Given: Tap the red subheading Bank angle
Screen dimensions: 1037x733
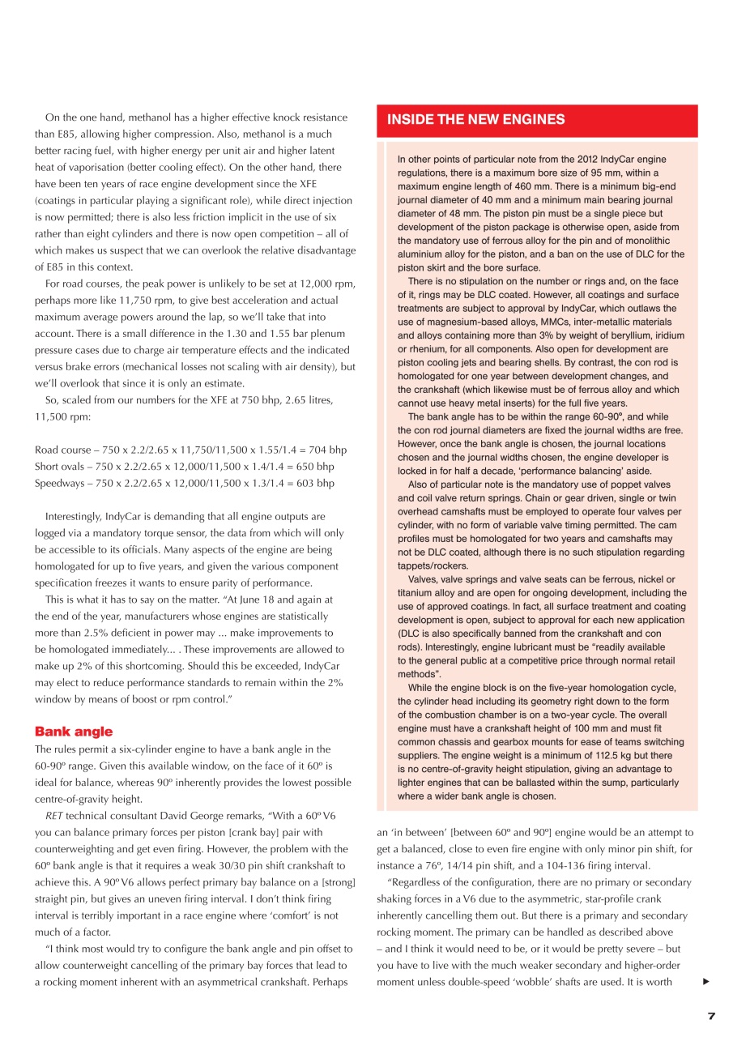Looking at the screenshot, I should click(x=74, y=731).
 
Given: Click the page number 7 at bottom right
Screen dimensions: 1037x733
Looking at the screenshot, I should click(x=711, y=1017).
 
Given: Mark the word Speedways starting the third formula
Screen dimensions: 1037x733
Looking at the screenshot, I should click(x=58, y=483).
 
